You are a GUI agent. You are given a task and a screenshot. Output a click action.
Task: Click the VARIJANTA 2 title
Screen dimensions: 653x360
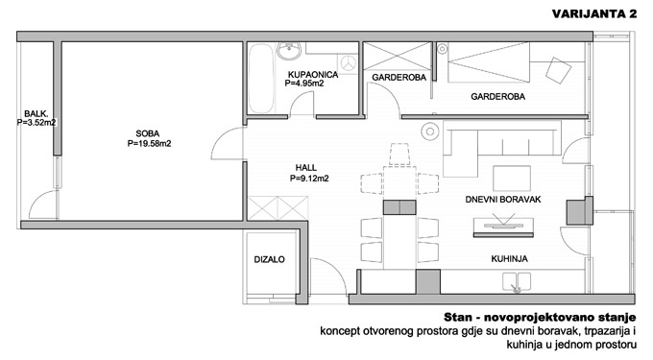click(594, 13)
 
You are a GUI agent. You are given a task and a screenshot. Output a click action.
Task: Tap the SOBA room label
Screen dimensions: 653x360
click(148, 133)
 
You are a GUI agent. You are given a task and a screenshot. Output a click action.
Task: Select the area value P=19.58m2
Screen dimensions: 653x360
click(149, 144)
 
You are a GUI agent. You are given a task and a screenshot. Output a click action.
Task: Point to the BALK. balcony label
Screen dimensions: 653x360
click(36, 113)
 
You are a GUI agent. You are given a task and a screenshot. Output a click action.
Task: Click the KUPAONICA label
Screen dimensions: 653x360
click(313, 75)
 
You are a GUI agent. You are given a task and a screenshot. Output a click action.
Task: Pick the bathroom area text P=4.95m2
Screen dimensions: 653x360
click(304, 84)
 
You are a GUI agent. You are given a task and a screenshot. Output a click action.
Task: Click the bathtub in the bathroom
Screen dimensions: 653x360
click(261, 79)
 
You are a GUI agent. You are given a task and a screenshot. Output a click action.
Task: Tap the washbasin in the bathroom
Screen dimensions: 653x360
click(289, 50)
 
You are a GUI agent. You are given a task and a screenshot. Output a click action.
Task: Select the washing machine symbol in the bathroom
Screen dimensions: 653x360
click(348, 63)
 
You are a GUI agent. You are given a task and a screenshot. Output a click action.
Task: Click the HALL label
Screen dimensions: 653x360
click(306, 168)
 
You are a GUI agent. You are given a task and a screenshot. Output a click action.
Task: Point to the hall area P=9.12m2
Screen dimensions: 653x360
click(309, 179)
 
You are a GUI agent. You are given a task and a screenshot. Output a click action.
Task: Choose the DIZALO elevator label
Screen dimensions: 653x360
click(270, 260)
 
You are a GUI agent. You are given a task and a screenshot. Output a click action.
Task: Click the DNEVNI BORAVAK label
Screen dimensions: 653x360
click(503, 200)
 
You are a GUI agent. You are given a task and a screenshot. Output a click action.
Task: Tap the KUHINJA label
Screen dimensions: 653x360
click(509, 259)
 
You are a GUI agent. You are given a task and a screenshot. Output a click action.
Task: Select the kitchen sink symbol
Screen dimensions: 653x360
click(517, 281)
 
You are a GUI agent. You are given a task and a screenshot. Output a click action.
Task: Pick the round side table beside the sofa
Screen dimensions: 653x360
click(430, 132)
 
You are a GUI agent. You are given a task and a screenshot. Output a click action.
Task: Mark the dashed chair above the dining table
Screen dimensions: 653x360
click(399, 155)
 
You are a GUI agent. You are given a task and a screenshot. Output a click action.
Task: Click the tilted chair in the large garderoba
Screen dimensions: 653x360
click(558, 70)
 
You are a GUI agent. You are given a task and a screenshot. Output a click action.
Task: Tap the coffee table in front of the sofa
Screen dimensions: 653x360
click(512, 179)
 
